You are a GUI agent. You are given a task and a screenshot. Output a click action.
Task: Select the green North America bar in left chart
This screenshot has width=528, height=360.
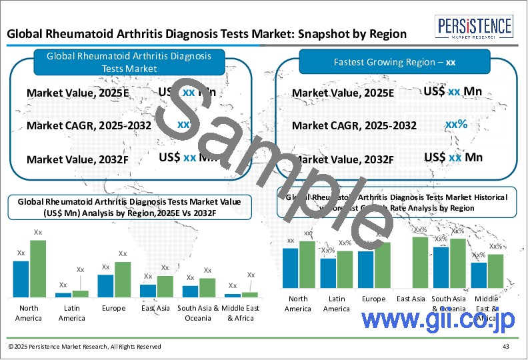coord(38,268)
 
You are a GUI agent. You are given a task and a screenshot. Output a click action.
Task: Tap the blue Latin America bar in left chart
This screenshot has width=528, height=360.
coord(63,294)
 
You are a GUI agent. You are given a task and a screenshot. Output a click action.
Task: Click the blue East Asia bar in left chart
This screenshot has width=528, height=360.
coord(148,290)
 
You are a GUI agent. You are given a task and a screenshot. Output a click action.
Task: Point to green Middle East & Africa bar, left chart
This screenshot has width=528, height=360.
coord(249,293)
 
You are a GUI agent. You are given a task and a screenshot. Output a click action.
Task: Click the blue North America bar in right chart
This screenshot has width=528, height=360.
coord(290,270)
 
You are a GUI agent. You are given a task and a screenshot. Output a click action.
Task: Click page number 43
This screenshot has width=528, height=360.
coord(506,347)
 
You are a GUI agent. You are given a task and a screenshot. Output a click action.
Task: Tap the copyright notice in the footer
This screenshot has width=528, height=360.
coord(85,347)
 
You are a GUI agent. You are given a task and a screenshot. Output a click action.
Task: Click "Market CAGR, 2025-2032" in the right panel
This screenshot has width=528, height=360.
coord(354,125)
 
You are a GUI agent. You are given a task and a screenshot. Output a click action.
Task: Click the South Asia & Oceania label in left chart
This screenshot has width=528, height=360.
coord(199,313)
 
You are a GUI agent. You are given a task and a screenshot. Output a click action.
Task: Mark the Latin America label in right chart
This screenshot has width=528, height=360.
coord(336,304)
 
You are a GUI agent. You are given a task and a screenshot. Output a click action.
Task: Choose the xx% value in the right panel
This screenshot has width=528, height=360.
coord(456,124)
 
